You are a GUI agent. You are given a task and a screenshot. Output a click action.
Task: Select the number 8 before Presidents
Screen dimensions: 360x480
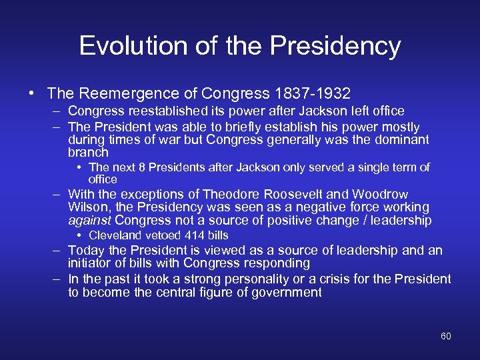click(x=133, y=167)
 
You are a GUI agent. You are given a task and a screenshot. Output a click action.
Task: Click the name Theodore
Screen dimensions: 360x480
click(x=231, y=195)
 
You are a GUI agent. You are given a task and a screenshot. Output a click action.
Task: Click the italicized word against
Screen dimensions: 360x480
click(x=90, y=221)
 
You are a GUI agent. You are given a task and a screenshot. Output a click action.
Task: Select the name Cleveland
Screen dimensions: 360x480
click(x=114, y=235)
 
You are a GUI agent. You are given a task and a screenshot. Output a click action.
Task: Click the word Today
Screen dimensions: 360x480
click(x=85, y=251)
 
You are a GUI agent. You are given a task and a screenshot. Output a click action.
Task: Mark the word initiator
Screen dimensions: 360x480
click(x=89, y=263)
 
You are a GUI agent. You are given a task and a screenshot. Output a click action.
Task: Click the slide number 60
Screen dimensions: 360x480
click(x=445, y=336)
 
